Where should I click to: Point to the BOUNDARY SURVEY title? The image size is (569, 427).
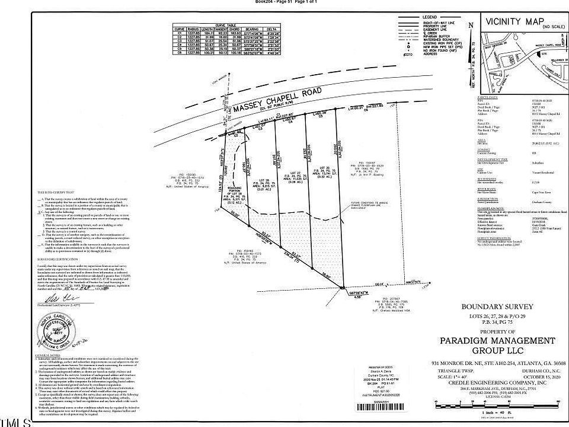pos(497,307)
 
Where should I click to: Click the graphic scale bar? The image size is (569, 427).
pos(497,404)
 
